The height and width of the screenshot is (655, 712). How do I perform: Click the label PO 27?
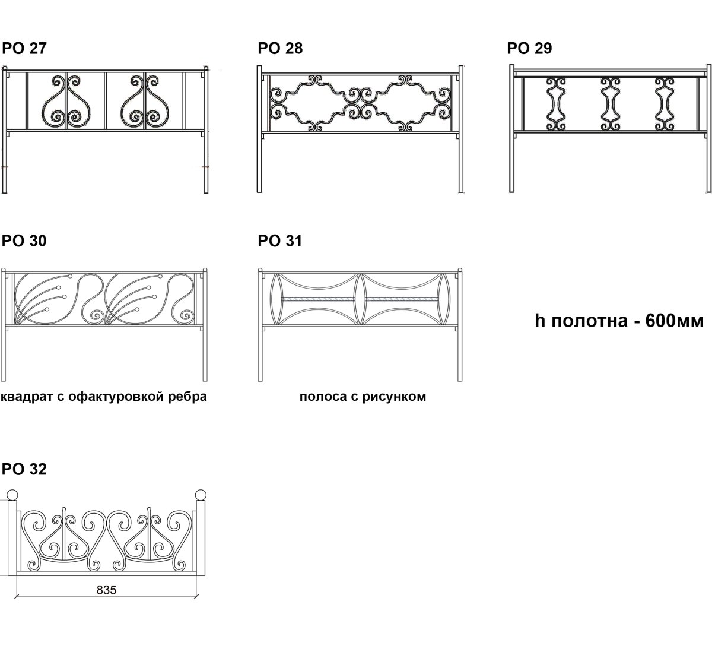[x=24, y=48]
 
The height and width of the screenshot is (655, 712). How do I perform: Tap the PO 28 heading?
[x=280, y=48]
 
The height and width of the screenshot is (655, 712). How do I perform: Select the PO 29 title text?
[x=529, y=48]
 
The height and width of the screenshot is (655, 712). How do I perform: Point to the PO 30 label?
[x=24, y=241]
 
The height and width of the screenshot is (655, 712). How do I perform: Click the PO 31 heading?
[x=279, y=241]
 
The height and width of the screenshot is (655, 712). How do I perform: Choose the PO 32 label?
[x=24, y=469]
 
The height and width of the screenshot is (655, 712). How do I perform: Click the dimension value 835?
[x=106, y=590]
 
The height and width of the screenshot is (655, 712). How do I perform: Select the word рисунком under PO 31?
[x=394, y=397]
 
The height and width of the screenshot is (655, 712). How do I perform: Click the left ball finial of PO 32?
[x=12, y=495]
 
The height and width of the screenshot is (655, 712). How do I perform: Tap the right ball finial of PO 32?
[x=200, y=495]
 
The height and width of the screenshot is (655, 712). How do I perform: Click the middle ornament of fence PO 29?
[x=611, y=104]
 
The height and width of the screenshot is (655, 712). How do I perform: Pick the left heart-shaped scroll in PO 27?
[x=66, y=102]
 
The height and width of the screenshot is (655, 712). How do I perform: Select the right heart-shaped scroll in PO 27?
[x=145, y=102]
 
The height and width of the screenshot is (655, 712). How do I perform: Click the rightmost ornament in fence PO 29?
[x=665, y=104]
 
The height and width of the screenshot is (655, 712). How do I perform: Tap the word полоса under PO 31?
[x=323, y=397]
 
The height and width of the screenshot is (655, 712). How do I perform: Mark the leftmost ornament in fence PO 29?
[x=556, y=104]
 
